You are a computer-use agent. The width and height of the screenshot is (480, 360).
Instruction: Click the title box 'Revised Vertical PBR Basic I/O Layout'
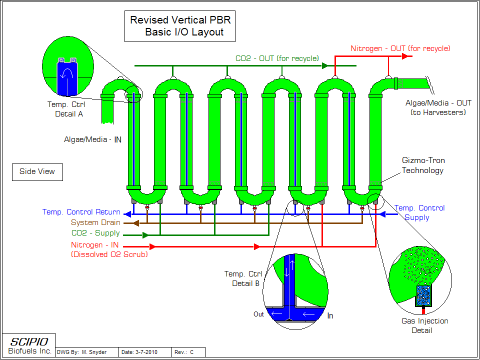(179, 26)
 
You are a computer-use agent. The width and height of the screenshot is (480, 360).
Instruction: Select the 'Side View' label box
(37, 172)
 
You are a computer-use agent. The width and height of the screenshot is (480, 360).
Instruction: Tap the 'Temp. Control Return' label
(81, 212)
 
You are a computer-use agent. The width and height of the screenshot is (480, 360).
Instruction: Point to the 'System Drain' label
(95, 222)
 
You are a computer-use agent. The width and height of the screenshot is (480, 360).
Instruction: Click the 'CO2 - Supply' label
(95, 233)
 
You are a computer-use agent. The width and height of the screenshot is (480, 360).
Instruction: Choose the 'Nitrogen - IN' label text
(94, 245)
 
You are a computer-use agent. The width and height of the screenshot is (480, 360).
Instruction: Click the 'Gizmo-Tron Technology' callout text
(423, 165)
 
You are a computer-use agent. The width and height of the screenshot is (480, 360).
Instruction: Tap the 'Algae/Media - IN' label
(92, 139)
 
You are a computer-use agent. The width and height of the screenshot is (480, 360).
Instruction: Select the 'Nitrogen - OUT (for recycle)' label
(400, 48)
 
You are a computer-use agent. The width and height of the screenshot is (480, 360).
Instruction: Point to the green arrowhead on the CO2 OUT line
(324, 65)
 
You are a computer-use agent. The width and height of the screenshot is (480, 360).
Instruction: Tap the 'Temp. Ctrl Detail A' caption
(66, 109)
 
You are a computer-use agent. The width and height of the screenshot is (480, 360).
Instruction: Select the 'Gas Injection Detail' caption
(424, 325)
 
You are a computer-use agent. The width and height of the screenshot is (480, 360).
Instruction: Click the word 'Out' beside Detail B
(258, 314)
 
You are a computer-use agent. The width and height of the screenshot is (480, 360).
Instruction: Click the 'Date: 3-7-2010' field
(139, 352)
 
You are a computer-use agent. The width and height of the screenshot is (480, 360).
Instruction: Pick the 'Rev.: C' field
(184, 352)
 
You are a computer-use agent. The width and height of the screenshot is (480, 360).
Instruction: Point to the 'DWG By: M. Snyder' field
(81, 352)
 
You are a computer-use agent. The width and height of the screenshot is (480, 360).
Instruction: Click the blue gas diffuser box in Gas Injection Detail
(423, 296)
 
